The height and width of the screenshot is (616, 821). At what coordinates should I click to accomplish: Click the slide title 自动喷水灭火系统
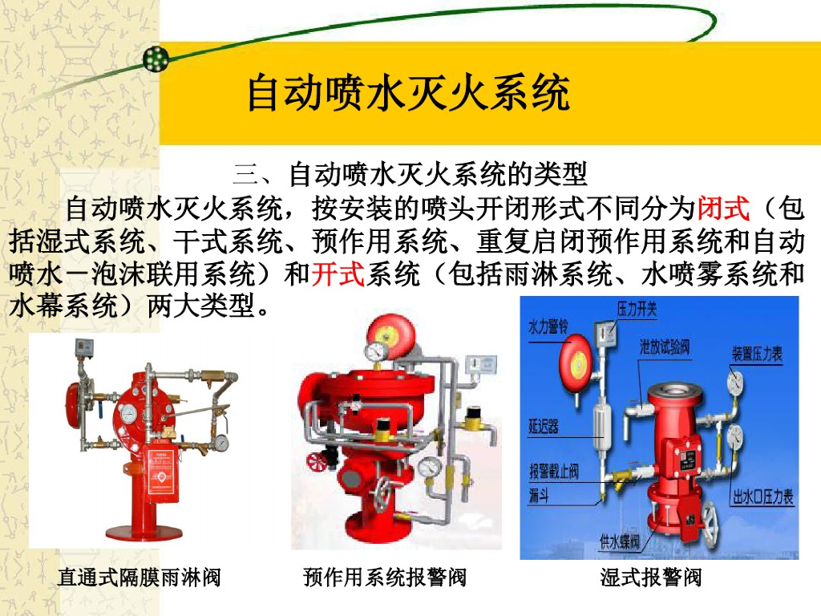click(x=408, y=93)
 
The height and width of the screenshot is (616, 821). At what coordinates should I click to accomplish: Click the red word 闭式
click(x=724, y=209)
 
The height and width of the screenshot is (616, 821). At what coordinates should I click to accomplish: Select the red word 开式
click(x=338, y=274)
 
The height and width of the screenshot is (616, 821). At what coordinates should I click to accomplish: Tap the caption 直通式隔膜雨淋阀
click(x=140, y=577)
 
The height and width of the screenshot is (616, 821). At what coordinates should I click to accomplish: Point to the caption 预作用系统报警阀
click(x=385, y=577)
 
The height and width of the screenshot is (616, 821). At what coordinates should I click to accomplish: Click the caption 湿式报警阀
click(x=651, y=577)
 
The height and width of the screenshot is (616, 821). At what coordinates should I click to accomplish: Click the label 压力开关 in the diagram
click(x=637, y=309)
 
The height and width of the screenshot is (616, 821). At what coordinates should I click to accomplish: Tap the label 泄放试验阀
click(x=665, y=346)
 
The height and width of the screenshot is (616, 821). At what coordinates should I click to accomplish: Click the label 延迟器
click(x=544, y=427)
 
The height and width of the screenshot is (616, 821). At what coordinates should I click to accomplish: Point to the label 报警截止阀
click(x=554, y=471)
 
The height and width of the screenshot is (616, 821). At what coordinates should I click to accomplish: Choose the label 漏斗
click(x=539, y=494)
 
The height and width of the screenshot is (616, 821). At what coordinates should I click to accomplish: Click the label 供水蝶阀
click(x=620, y=541)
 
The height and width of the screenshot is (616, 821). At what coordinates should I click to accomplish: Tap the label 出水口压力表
click(x=763, y=496)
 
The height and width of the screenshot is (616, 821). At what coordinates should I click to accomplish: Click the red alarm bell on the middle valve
click(x=391, y=335)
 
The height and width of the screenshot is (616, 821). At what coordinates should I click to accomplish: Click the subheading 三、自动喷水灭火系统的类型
click(x=410, y=174)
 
